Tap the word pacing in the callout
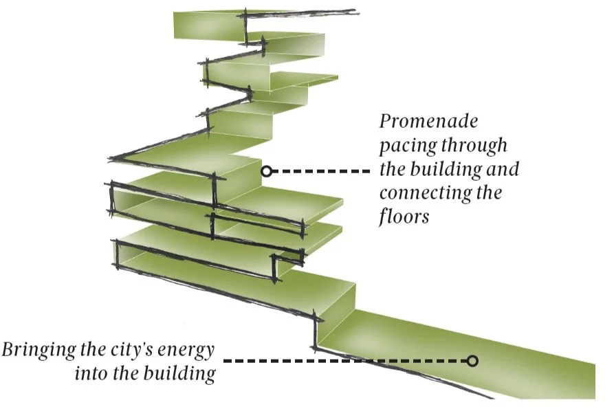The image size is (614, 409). pyautogui.click(x=408, y=146)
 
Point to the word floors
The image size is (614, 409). pyautogui.click(x=404, y=216)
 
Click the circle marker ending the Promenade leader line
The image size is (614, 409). pyautogui.click(x=266, y=170)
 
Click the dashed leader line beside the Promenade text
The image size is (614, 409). pyautogui.click(x=320, y=170)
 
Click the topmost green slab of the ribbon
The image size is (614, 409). pyautogui.click(x=206, y=24)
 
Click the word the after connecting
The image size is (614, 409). pyautogui.click(x=490, y=192)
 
